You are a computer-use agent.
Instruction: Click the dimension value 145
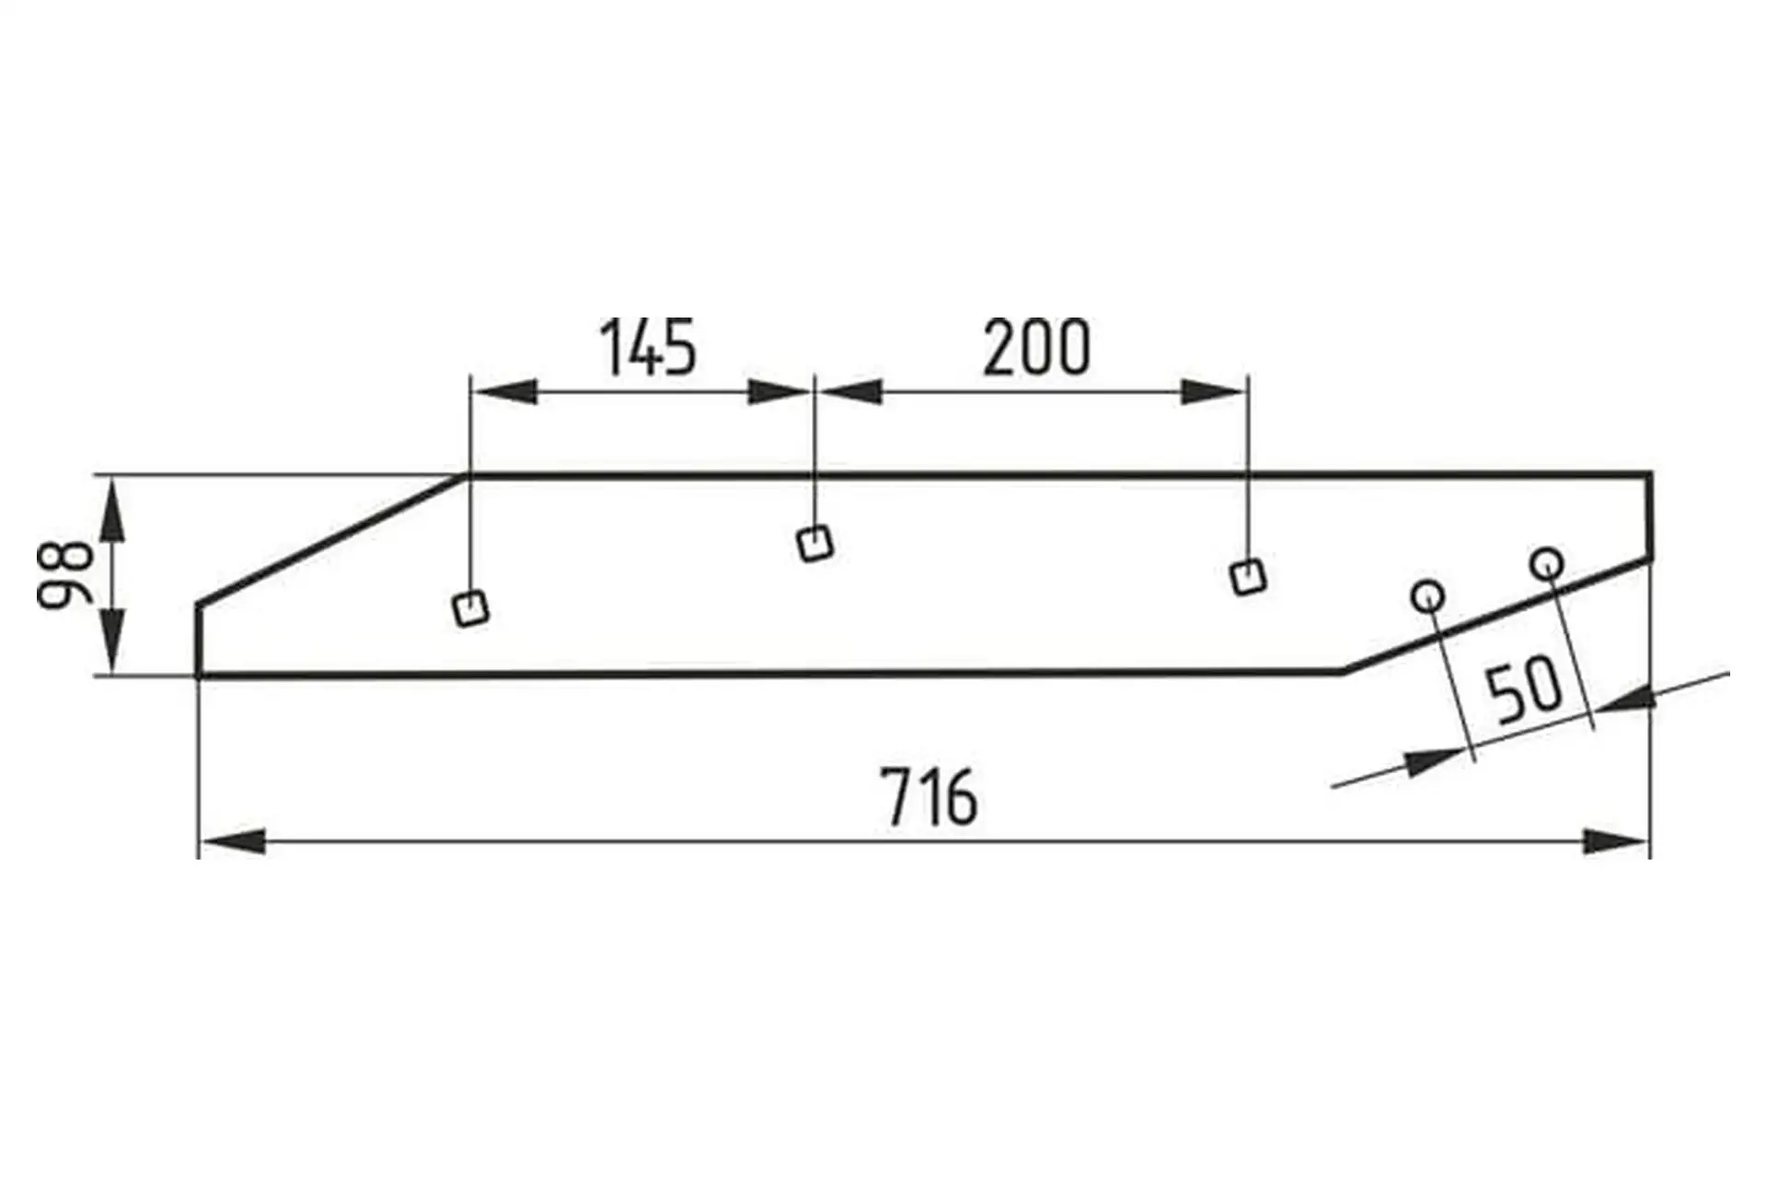coord(649,348)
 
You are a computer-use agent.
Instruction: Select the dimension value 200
coord(1036,348)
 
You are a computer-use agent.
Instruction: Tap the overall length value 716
coord(930,798)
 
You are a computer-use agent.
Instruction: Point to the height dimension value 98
coord(65,575)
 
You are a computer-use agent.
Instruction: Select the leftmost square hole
coord(471,608)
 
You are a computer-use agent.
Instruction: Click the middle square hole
coord(814,543)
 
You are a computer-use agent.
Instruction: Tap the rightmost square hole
coord(1248,577)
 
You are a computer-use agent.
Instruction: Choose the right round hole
coord(1546,561)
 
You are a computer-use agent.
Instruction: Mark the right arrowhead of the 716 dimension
coord(1616,841)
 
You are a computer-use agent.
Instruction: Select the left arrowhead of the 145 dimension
coord(502,391)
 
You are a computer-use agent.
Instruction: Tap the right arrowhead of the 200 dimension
coord(1213,391)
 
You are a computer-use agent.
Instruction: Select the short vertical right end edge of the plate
coord(1649,515)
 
